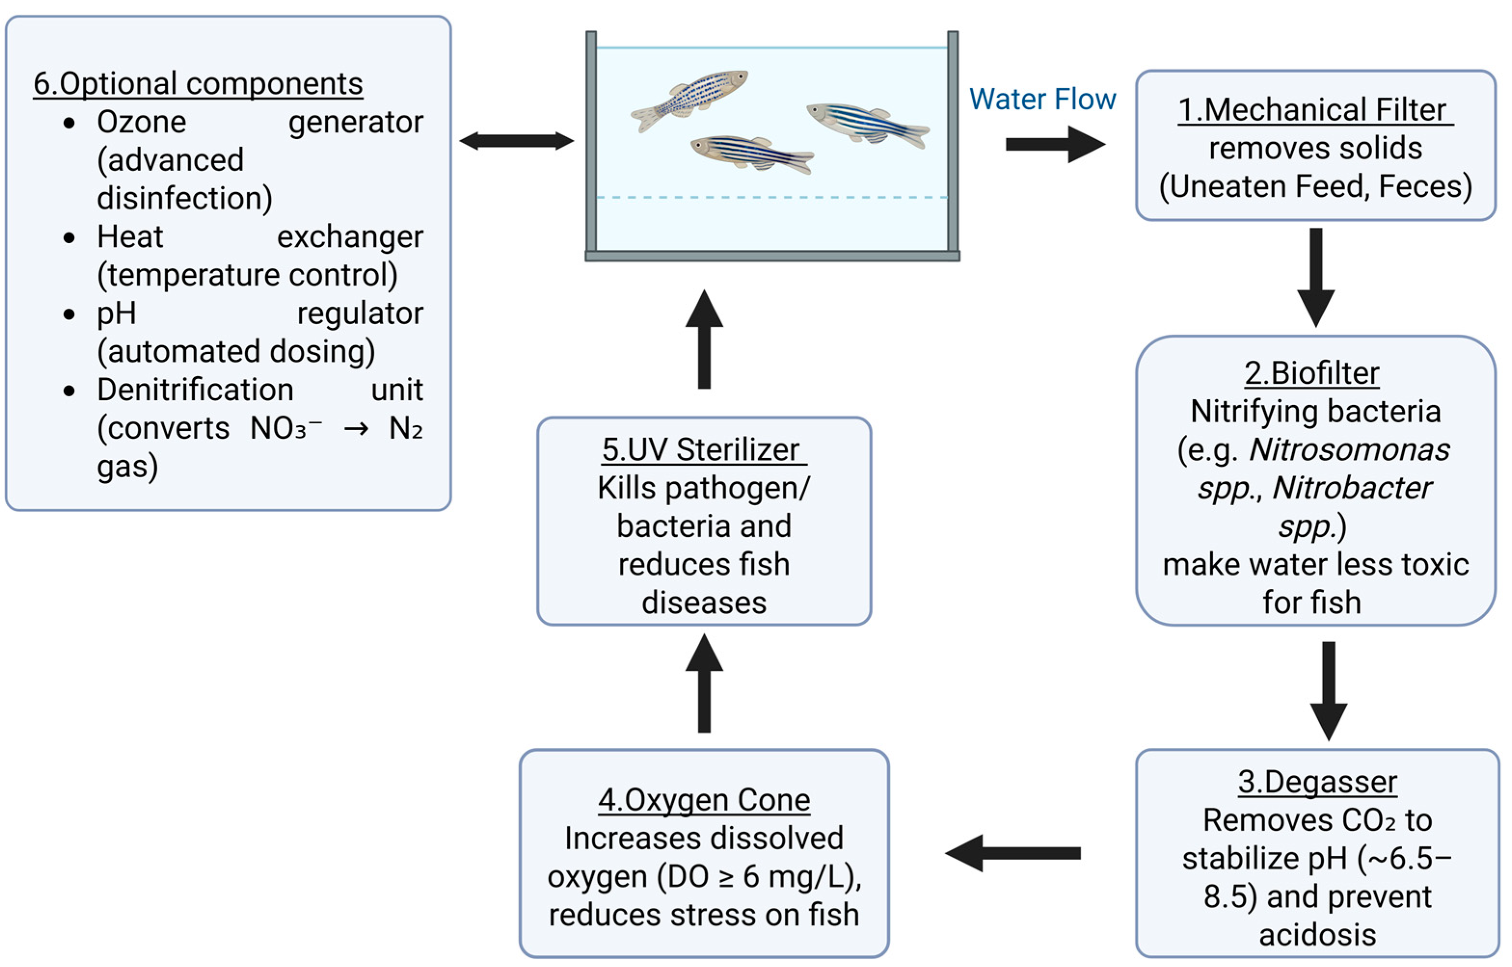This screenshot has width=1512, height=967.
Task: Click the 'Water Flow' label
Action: [1042, 99]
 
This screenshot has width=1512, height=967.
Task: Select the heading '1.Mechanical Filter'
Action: [1315, 110]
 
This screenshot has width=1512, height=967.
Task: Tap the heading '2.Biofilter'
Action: [1311, 373]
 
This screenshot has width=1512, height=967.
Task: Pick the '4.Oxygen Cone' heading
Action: [704, 800]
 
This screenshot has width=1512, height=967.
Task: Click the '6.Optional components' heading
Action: [198, 83]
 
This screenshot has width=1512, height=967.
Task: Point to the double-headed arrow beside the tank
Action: [517, 141]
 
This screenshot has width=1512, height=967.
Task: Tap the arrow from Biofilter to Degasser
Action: [1328, 691]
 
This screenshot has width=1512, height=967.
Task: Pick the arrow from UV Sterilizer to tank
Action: [704, 339]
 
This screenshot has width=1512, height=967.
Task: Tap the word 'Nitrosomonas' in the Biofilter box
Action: [1349, 450]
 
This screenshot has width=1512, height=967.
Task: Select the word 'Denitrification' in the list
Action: [195, 390]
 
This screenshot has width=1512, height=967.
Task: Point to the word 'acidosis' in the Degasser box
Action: [1317, 934]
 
